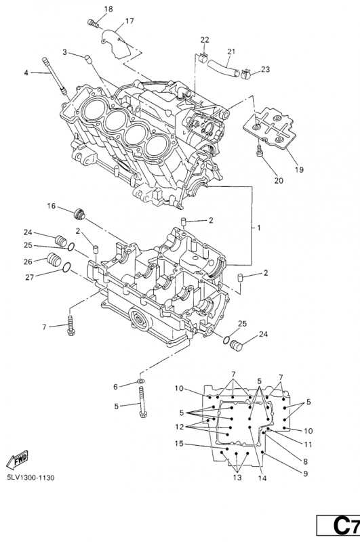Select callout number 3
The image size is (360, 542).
tap(65, 52)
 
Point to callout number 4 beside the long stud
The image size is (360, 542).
tap(27, 72)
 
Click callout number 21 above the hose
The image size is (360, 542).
tap(231, 51)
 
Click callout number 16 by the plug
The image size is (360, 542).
tap(51, 205)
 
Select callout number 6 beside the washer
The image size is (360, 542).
tap(115, 386)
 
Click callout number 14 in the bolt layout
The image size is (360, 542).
tap(262, 478)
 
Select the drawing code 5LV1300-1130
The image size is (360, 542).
tap(31, 478)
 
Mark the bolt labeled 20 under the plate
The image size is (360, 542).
tap(260, 152)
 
